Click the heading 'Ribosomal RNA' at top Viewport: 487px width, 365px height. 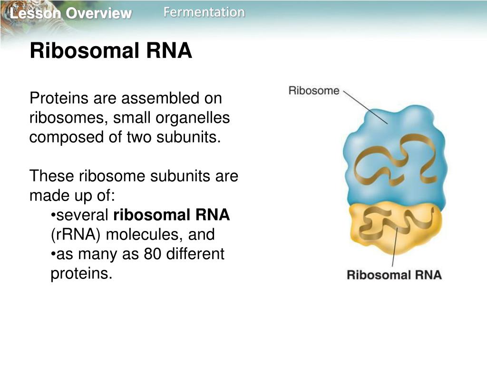point(111,51)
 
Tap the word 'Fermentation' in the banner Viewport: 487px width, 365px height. point(204,12)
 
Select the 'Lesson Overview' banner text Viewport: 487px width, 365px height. point(70,14)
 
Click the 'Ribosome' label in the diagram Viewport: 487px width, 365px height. point(314,90)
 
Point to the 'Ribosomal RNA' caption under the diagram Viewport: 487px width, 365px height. point(394,275)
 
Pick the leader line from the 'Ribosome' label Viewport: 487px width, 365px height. point(365,107)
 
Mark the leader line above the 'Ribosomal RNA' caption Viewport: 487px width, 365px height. point(394,247)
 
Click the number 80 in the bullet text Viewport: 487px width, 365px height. point(151,254)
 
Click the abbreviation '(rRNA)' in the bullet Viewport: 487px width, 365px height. point(76,235)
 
